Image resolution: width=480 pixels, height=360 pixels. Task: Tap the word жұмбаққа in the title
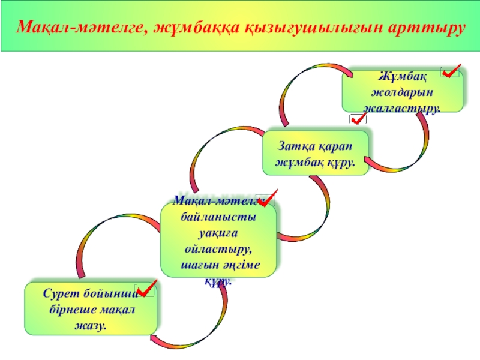coord(195,28)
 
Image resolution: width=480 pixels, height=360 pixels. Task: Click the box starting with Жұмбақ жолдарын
coord(403,92)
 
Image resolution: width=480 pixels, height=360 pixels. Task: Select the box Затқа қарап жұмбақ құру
coord(315,154)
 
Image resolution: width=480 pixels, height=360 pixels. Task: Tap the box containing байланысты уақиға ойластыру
coord(219,239)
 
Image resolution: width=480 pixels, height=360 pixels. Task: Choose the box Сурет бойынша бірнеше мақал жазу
coord(91,308)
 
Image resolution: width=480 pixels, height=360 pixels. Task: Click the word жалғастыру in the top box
coord(401,109)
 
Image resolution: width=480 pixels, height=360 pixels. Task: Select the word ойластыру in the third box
coord(220,248)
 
